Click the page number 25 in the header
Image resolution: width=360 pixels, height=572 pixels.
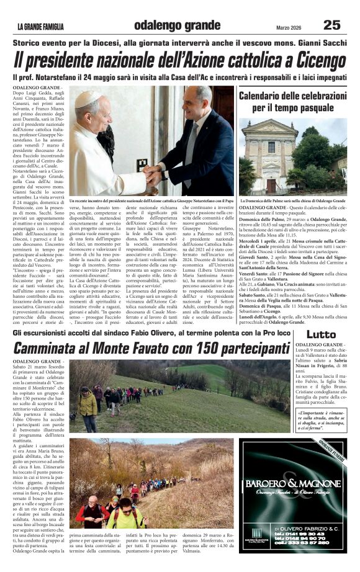click(331, 25)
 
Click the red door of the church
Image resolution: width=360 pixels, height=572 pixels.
click(271, 185)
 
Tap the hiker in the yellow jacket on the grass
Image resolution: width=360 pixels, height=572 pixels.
click(88, 404)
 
